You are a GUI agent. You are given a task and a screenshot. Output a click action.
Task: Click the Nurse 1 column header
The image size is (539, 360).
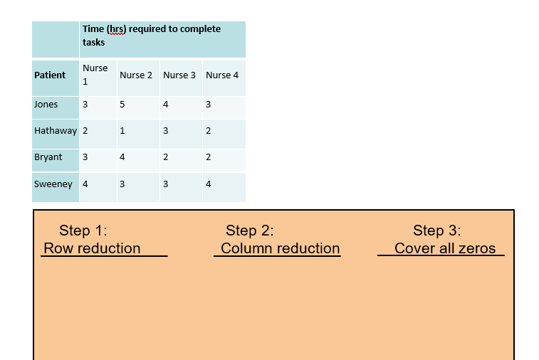click(x=95, y=75)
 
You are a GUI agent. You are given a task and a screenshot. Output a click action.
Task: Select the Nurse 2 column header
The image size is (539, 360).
click(x=136, y=75)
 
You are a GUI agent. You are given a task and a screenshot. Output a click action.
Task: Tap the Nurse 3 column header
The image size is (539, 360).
click(x=179, y=75)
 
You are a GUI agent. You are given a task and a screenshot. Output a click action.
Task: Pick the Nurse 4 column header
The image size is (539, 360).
click(x=222, y=75)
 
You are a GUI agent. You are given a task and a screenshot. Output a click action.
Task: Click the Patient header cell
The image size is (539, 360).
click(x=50, y=75)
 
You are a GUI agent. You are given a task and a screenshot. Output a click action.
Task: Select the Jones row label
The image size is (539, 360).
click(x=46, y=105)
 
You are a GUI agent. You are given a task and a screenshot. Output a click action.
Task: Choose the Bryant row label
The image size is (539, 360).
click(x=48, y=157)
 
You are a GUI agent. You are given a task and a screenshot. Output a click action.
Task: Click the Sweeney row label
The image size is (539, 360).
click(x=53, y=184)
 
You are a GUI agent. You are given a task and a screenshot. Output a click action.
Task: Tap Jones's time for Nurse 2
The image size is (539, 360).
click(x=122, y=105)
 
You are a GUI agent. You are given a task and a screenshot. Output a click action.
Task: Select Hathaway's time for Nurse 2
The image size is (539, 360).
click(x=122, y=131)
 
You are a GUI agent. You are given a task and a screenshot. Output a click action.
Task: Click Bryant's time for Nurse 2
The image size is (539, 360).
click(x=122, y=157)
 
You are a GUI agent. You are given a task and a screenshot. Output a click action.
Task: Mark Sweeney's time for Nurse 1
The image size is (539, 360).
click(x=85, y=184)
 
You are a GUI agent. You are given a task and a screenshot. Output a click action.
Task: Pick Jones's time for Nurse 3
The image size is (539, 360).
click(x=165, y=105)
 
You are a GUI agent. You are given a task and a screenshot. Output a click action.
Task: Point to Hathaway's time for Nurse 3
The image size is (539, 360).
click(x=165, y=131)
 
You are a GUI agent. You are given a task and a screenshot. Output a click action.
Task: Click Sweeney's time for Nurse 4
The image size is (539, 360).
click(x=208, y=184)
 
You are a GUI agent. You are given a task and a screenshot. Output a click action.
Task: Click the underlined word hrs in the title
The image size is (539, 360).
click(x=115, y=29)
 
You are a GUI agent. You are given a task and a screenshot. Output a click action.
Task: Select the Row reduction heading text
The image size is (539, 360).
click(x=92, y=248)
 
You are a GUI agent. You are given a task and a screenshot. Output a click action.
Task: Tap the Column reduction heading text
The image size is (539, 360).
click(x=280, y=248)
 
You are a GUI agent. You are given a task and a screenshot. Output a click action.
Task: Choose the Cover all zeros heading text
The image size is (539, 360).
click(x=444, y=248)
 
